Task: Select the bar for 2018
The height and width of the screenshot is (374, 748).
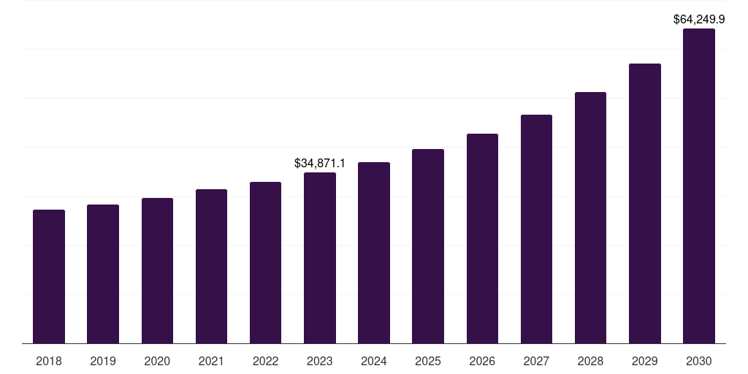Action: click(49, 277)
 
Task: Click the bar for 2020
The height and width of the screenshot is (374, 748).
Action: click(157, 271)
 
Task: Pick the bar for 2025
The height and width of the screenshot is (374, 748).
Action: click(428, 246)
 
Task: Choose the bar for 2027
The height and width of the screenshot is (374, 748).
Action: click(536, 229)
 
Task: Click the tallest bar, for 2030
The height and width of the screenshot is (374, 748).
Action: click(699, 186)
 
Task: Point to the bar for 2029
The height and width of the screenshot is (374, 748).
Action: click(645, 204)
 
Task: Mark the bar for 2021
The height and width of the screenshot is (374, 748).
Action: click(211, 267)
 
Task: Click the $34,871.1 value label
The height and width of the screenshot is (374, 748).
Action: click(320, 162)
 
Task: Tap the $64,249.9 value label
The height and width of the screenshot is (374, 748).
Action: click(699, 19)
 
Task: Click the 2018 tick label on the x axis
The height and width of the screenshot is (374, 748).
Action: click(49, 361)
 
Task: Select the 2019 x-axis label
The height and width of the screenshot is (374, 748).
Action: click(103, 361)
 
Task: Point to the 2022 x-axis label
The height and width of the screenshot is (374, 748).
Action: click(265, 361)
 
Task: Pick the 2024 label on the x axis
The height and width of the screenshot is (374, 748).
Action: click(374, 361)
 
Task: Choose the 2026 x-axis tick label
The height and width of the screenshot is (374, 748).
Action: click(482, 361)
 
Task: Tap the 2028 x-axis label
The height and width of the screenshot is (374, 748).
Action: click(590, 361)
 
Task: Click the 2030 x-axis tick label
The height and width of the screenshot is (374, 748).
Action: click(699, 361)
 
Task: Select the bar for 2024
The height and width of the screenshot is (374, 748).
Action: click(374, 253)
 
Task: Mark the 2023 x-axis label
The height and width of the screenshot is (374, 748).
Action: click(320, 361)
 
